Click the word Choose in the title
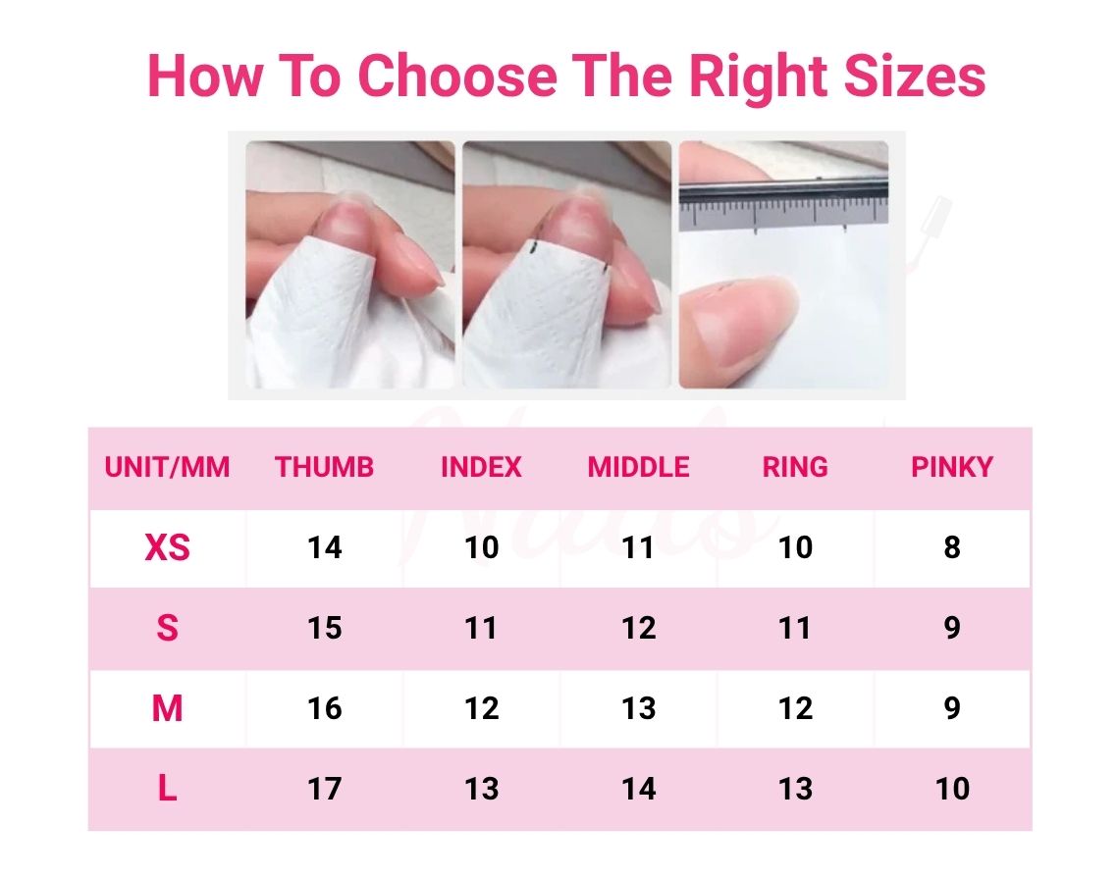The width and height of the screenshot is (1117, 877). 456,76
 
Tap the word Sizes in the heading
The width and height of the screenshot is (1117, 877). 915,76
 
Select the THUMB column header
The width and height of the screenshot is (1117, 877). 324,467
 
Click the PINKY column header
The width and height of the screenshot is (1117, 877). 952,467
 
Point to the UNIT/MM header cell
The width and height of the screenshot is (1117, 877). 168,467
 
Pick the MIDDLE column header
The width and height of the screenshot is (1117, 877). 638,467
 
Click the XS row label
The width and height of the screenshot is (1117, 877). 168,547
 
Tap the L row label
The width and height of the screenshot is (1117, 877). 168,788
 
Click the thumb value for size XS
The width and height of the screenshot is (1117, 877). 325,547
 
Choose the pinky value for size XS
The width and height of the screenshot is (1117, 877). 952,547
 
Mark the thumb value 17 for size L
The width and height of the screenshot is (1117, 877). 325,789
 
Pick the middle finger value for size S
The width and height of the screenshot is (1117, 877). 638,628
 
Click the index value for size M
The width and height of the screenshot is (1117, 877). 482,708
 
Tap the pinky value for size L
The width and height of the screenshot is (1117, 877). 952,789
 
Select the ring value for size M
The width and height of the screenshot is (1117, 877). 795,708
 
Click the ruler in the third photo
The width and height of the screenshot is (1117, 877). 783,205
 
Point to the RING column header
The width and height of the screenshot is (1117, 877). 795,467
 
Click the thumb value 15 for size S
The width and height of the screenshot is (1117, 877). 325,628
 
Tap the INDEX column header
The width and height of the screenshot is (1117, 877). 482,467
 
